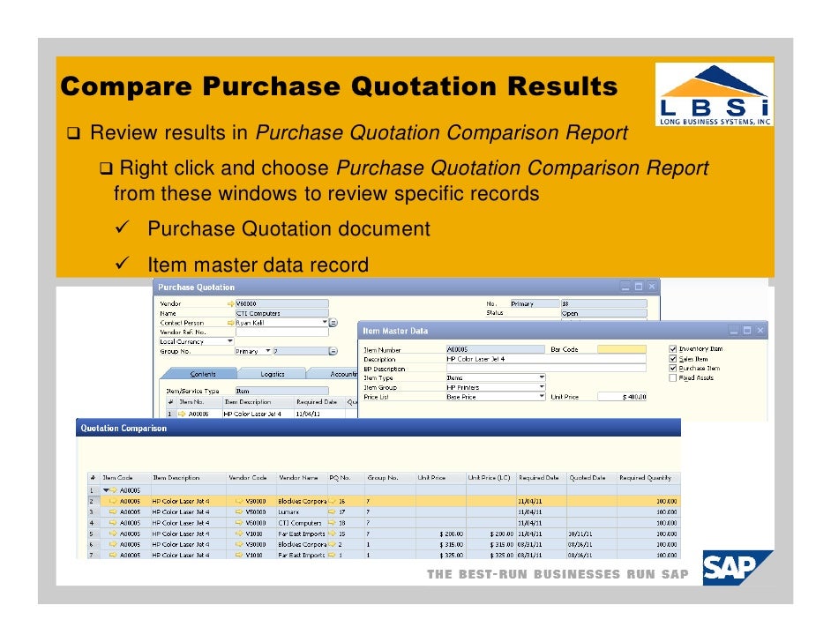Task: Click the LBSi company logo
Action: [x=715, y=94]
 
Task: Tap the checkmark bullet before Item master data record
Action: [x=123, y=264]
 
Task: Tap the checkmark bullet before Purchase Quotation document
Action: [x=123, y=228]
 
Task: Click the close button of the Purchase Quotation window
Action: [x=651, y=287]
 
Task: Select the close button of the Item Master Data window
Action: [x=760, y=331]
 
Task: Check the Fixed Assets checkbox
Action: [x=674, y=377]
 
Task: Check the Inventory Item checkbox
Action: [x=674, y=349]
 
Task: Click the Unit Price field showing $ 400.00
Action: [x=622, y=397]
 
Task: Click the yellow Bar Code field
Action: [x=622, y=349]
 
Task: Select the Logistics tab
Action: [x=272, y=374]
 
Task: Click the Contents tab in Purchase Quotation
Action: [x=203, y=374]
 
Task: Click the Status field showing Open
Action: [x=600, y=313]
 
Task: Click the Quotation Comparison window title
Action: [x=124, y=429]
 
